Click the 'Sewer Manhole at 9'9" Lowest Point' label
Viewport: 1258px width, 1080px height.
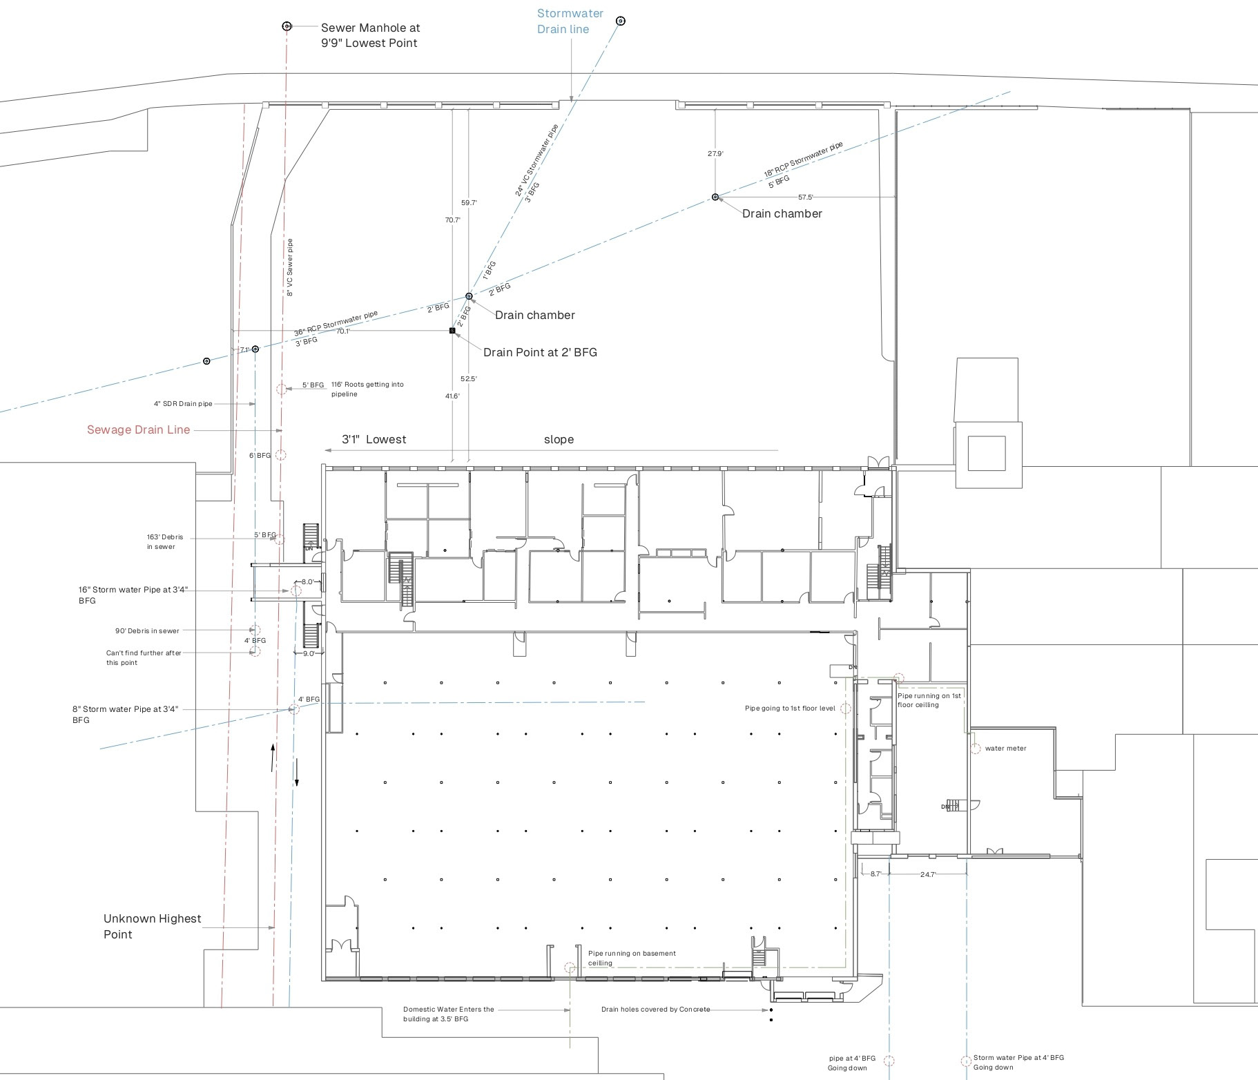pos(370,35)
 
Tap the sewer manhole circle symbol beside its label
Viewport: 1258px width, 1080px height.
pos(287,26)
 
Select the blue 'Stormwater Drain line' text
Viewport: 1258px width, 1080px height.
pos(570,21)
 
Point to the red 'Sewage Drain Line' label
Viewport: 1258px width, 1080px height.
pos(138,430)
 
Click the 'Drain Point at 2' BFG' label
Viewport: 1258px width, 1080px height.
pos(540,352)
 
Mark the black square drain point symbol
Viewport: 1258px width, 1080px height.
pos(453,331)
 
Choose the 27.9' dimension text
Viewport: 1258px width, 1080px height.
pos(715,154)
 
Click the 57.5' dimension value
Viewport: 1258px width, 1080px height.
pos(806,197)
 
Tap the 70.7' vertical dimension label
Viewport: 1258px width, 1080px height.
pos(452,220)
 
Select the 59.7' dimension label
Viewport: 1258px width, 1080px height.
pos(469,202)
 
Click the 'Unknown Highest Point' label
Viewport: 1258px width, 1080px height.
pos(152,926)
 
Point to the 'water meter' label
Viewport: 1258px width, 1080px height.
pos(1005,748)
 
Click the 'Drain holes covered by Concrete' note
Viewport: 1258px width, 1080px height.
pos(655,1009)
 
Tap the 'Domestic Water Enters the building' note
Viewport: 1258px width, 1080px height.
pos(449,1014)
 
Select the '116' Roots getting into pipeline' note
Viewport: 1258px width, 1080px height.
pos(367,389)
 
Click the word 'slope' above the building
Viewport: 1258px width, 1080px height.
pos(559,439)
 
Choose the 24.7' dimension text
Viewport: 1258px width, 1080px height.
pos(927,874)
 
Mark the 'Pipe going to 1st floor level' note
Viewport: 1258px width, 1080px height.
pos(790,708)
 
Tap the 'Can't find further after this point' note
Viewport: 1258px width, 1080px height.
pos(144,657)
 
